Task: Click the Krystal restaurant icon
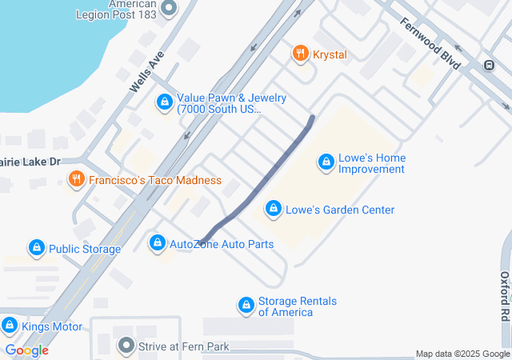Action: (x=301, y=54)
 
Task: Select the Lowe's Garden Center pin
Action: (x=274, y=210)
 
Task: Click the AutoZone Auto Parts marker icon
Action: (x=158, y=243)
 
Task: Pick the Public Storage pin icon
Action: (x=36, y=249)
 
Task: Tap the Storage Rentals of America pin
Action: (x=246, y=306)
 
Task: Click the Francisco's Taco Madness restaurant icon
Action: (x=76, y=180)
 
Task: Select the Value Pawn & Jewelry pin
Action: (x=164, y=103)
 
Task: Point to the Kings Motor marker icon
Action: (x=9, y=326)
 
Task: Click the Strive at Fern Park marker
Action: (x=126, y=346)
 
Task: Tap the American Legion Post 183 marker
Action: (x=169, y=9)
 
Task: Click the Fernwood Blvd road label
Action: (x=430, y=43)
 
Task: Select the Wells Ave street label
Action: (x=146, y=72)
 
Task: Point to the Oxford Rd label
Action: (x=505, y=296)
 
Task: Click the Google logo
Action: (x=26, y=350)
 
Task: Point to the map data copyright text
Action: (x=462, y=354)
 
